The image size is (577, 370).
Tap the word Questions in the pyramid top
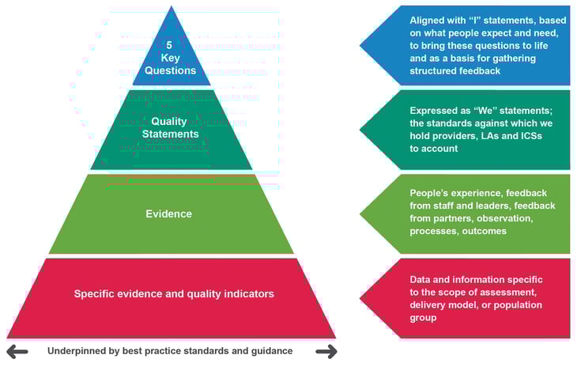172,70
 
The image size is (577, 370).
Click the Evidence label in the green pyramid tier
168,213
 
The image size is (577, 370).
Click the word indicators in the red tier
247,293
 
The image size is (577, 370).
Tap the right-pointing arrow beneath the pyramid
325,351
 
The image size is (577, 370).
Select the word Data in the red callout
421,280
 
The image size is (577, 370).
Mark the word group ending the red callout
424,318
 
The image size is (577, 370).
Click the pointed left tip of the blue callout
362,46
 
